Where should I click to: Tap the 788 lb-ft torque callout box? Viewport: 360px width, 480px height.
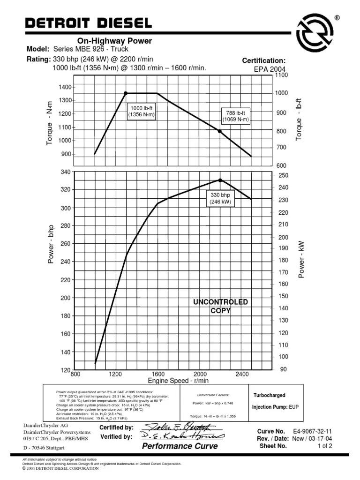[x=236, y=116]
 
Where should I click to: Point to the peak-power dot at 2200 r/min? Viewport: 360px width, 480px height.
[x=220, y=180]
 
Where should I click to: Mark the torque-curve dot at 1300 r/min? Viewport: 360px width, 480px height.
[x=126, y=93]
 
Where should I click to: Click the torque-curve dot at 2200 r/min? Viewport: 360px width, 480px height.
[x=220, y=131]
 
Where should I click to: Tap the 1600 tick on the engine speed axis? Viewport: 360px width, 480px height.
[x=158, y=374]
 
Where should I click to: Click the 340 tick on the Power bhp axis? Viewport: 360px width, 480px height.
[x=65, y=172]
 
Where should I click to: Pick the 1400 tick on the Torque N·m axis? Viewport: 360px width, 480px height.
[x=65, y=87]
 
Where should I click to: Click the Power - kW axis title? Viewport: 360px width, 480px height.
[x=302, y=259]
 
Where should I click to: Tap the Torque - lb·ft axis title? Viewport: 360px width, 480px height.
[x=299, y=119]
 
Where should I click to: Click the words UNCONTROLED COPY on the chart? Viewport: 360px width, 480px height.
[x=220, y=306]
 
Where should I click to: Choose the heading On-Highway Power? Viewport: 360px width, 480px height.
[x=114, y=41]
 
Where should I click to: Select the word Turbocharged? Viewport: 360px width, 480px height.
[x=269, y=396]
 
